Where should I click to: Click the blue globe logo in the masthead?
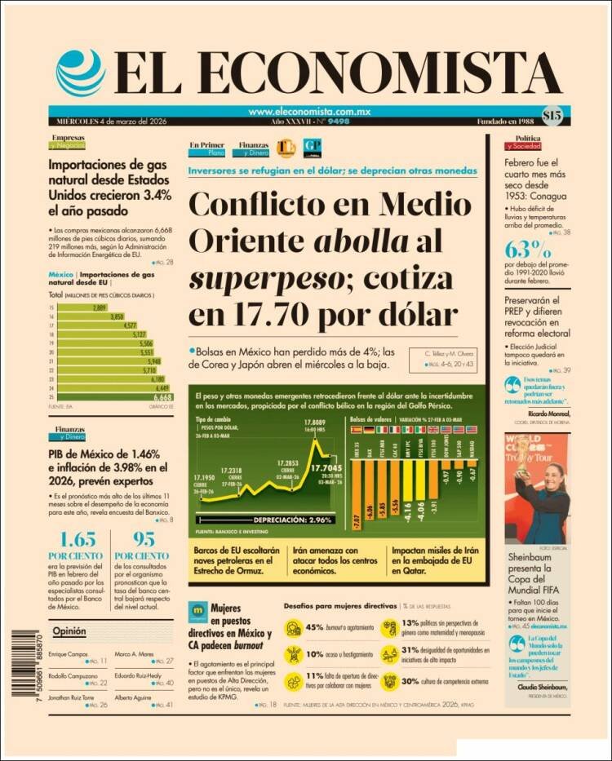point(81,73)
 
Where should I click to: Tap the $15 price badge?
point(552,116)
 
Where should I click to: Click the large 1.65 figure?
point(78,540)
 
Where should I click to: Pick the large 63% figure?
point(529,249)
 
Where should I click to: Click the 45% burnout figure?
point(313,627)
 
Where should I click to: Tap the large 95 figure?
point(144,540)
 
